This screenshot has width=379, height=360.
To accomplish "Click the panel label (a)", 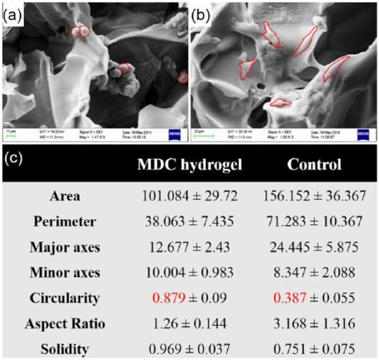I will click(x=11, y=10).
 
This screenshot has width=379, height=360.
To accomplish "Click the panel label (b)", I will click(x=203, y=10).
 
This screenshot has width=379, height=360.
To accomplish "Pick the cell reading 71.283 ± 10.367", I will click(x=314, y=222).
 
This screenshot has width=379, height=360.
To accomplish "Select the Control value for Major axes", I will click(x=314, y=246).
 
